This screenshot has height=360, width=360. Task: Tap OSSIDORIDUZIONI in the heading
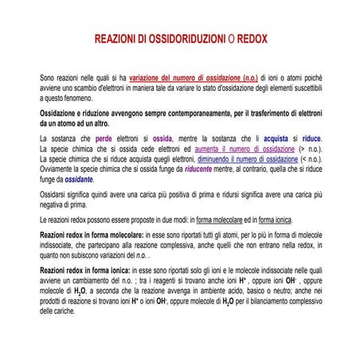pyautogui.click(x=178, y=38)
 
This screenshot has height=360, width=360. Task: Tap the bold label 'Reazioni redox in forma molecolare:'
pyautogui.click(x=92, y=237)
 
